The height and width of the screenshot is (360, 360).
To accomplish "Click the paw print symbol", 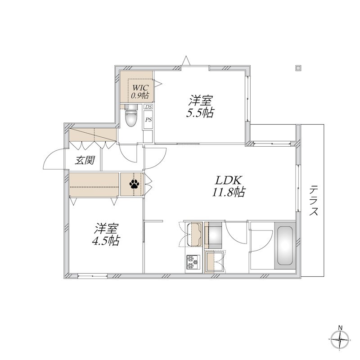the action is click(134, 184).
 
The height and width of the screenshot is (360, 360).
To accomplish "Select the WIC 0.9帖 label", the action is click(139, 92).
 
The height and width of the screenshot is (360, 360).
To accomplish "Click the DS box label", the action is click(148, 107).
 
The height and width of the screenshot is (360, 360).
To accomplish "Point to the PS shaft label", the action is click(148, 120).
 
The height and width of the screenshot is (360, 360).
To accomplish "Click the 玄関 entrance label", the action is click(85, 160).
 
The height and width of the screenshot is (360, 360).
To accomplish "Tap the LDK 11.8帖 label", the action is click(228, 186).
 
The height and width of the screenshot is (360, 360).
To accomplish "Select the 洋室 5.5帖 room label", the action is click(200, 106).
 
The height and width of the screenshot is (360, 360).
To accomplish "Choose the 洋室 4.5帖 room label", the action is click(106, 234).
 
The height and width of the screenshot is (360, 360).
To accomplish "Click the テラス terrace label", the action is click(313, 200).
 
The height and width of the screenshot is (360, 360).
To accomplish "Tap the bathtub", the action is click(285, 245).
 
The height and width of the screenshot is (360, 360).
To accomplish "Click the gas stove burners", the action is click(193, 262).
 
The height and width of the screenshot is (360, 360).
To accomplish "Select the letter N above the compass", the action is click(341, 328).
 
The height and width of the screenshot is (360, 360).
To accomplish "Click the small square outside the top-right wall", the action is click(298, 68).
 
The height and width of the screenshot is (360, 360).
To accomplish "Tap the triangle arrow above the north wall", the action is click(186, 61).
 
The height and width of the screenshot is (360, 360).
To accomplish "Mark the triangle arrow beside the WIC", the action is click(158, 83).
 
